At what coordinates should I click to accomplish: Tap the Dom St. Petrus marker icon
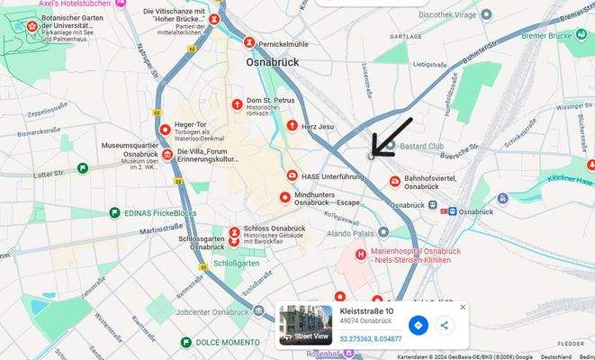tap(238, 105)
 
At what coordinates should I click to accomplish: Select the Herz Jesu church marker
tap(292, 126)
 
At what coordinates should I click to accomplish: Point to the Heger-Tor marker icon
tap(165, 130)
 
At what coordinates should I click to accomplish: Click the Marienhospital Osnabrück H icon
tap(361, 255)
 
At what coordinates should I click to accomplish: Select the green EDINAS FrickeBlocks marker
tap(114, 212)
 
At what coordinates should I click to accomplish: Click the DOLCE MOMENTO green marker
tap(185, 343)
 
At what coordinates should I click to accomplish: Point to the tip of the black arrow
tap(372, 155)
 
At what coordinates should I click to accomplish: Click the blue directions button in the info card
tap(418, 325)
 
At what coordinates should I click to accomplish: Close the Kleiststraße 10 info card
tap(463, 307)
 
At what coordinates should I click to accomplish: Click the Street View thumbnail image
tap(305, 324)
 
